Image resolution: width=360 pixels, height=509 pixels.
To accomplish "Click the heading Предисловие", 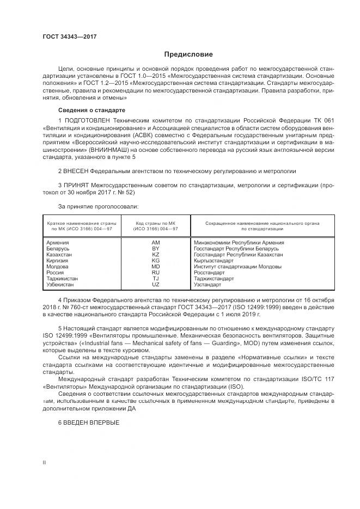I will pos(189,54).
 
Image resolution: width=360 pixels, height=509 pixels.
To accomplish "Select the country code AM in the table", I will pos(156,242).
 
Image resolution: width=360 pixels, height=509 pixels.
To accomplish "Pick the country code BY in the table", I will pos(156,248).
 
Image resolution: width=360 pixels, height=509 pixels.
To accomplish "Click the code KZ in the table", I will pos(156,254).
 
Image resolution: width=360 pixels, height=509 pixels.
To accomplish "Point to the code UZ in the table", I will pos(156,285).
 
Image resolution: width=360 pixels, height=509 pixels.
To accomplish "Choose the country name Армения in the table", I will pos(58,242).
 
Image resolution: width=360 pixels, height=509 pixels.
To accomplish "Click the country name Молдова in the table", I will pos(58,267).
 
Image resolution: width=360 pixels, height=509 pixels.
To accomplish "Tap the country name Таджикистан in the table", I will pos(63,279).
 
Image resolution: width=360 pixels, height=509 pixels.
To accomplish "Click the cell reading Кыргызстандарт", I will pos(213,261).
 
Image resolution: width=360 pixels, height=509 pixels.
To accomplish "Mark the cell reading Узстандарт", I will pos(208,285).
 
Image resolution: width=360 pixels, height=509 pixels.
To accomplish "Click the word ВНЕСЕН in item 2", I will pos(76,171).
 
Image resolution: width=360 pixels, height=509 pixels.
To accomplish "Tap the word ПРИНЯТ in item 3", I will pos(76,186).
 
